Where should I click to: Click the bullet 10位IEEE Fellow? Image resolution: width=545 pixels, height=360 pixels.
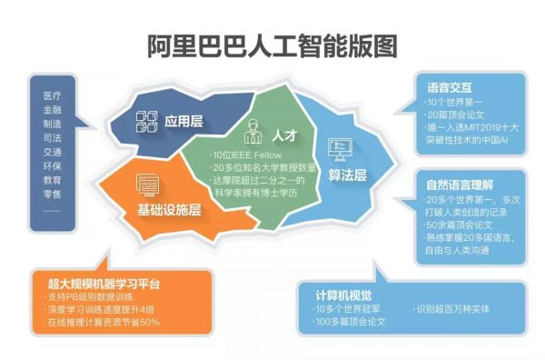pyautogui.click(x=245, y=155)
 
